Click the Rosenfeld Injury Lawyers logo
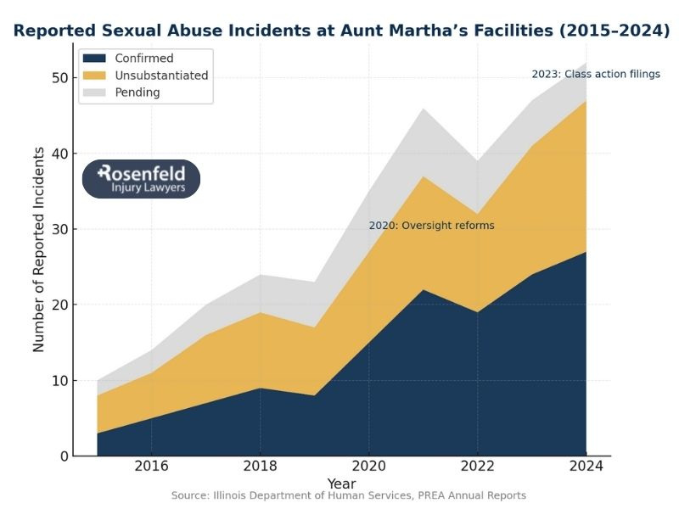tap(141, 179)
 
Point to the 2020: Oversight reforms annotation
tap(431, 226)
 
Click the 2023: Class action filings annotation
tap(595, 74)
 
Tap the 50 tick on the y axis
tap(58, 78)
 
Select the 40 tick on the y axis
tap(58, 154)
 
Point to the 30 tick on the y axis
tap(58, 229)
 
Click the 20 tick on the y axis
tap(58, 305)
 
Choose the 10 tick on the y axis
tap(58, 380)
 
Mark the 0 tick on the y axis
tap(62, 456)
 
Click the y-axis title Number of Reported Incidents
tap(38, 249)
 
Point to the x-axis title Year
tap(341, 484)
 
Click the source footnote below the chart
tap(348, 495)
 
